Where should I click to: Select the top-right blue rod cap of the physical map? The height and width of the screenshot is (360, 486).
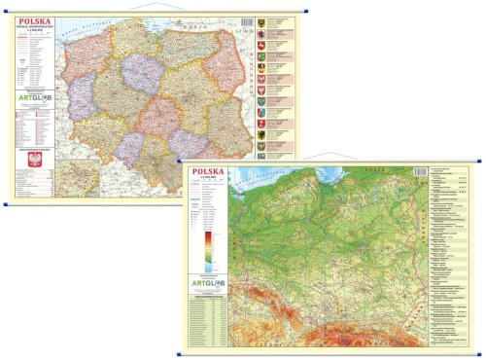point(482,164)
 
